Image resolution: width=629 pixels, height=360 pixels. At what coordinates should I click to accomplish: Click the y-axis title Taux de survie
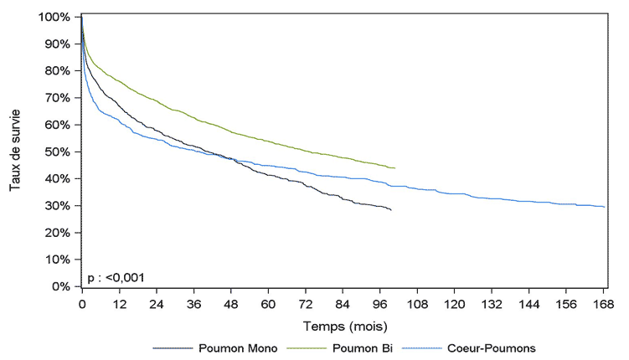point(15,152)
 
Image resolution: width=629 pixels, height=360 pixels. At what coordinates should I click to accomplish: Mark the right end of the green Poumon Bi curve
point(394,168)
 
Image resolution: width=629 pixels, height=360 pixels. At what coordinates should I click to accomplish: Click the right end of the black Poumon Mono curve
point(391,210)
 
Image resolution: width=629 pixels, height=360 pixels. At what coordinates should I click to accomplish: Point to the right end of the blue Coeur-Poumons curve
point(604,207)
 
